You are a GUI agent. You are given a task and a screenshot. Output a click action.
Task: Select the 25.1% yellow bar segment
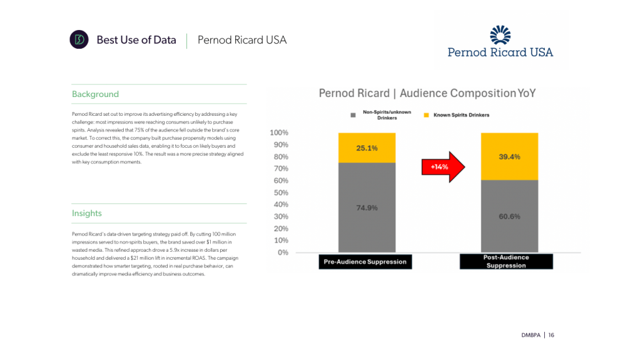(x=367, y=148)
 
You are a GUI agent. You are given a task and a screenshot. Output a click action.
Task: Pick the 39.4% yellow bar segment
(x=509, y=157)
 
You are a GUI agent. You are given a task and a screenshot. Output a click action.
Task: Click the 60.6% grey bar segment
(x=509, y=216)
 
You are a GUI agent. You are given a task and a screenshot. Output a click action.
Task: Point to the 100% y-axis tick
(x=278, y=133)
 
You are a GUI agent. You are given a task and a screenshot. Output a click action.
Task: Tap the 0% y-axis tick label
(x=283, y=252)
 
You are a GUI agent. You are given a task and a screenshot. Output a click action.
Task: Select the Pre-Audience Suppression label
(x=365, y=262)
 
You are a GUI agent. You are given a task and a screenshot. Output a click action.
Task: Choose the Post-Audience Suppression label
(x=505, y=261)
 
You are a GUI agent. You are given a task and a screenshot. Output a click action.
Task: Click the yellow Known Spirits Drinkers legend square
(x=427, y=115)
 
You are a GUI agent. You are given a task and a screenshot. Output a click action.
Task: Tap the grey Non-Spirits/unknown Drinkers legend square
(x=353, y=115)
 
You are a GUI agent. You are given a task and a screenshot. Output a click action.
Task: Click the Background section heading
(x=95, y=95)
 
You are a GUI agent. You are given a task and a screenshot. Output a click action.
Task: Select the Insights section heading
(x=87, y=213)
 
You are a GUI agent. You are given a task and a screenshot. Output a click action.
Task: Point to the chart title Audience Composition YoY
(x=427, y=93)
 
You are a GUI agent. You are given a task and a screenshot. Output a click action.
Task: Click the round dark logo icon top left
(x=79, y=39)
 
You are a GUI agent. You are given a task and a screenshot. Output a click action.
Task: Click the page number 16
(x=551, y=335)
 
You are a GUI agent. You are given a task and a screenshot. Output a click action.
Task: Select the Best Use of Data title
(x=136, y=40)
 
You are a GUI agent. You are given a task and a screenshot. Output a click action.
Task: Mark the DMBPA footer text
(x=531, y=335)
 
